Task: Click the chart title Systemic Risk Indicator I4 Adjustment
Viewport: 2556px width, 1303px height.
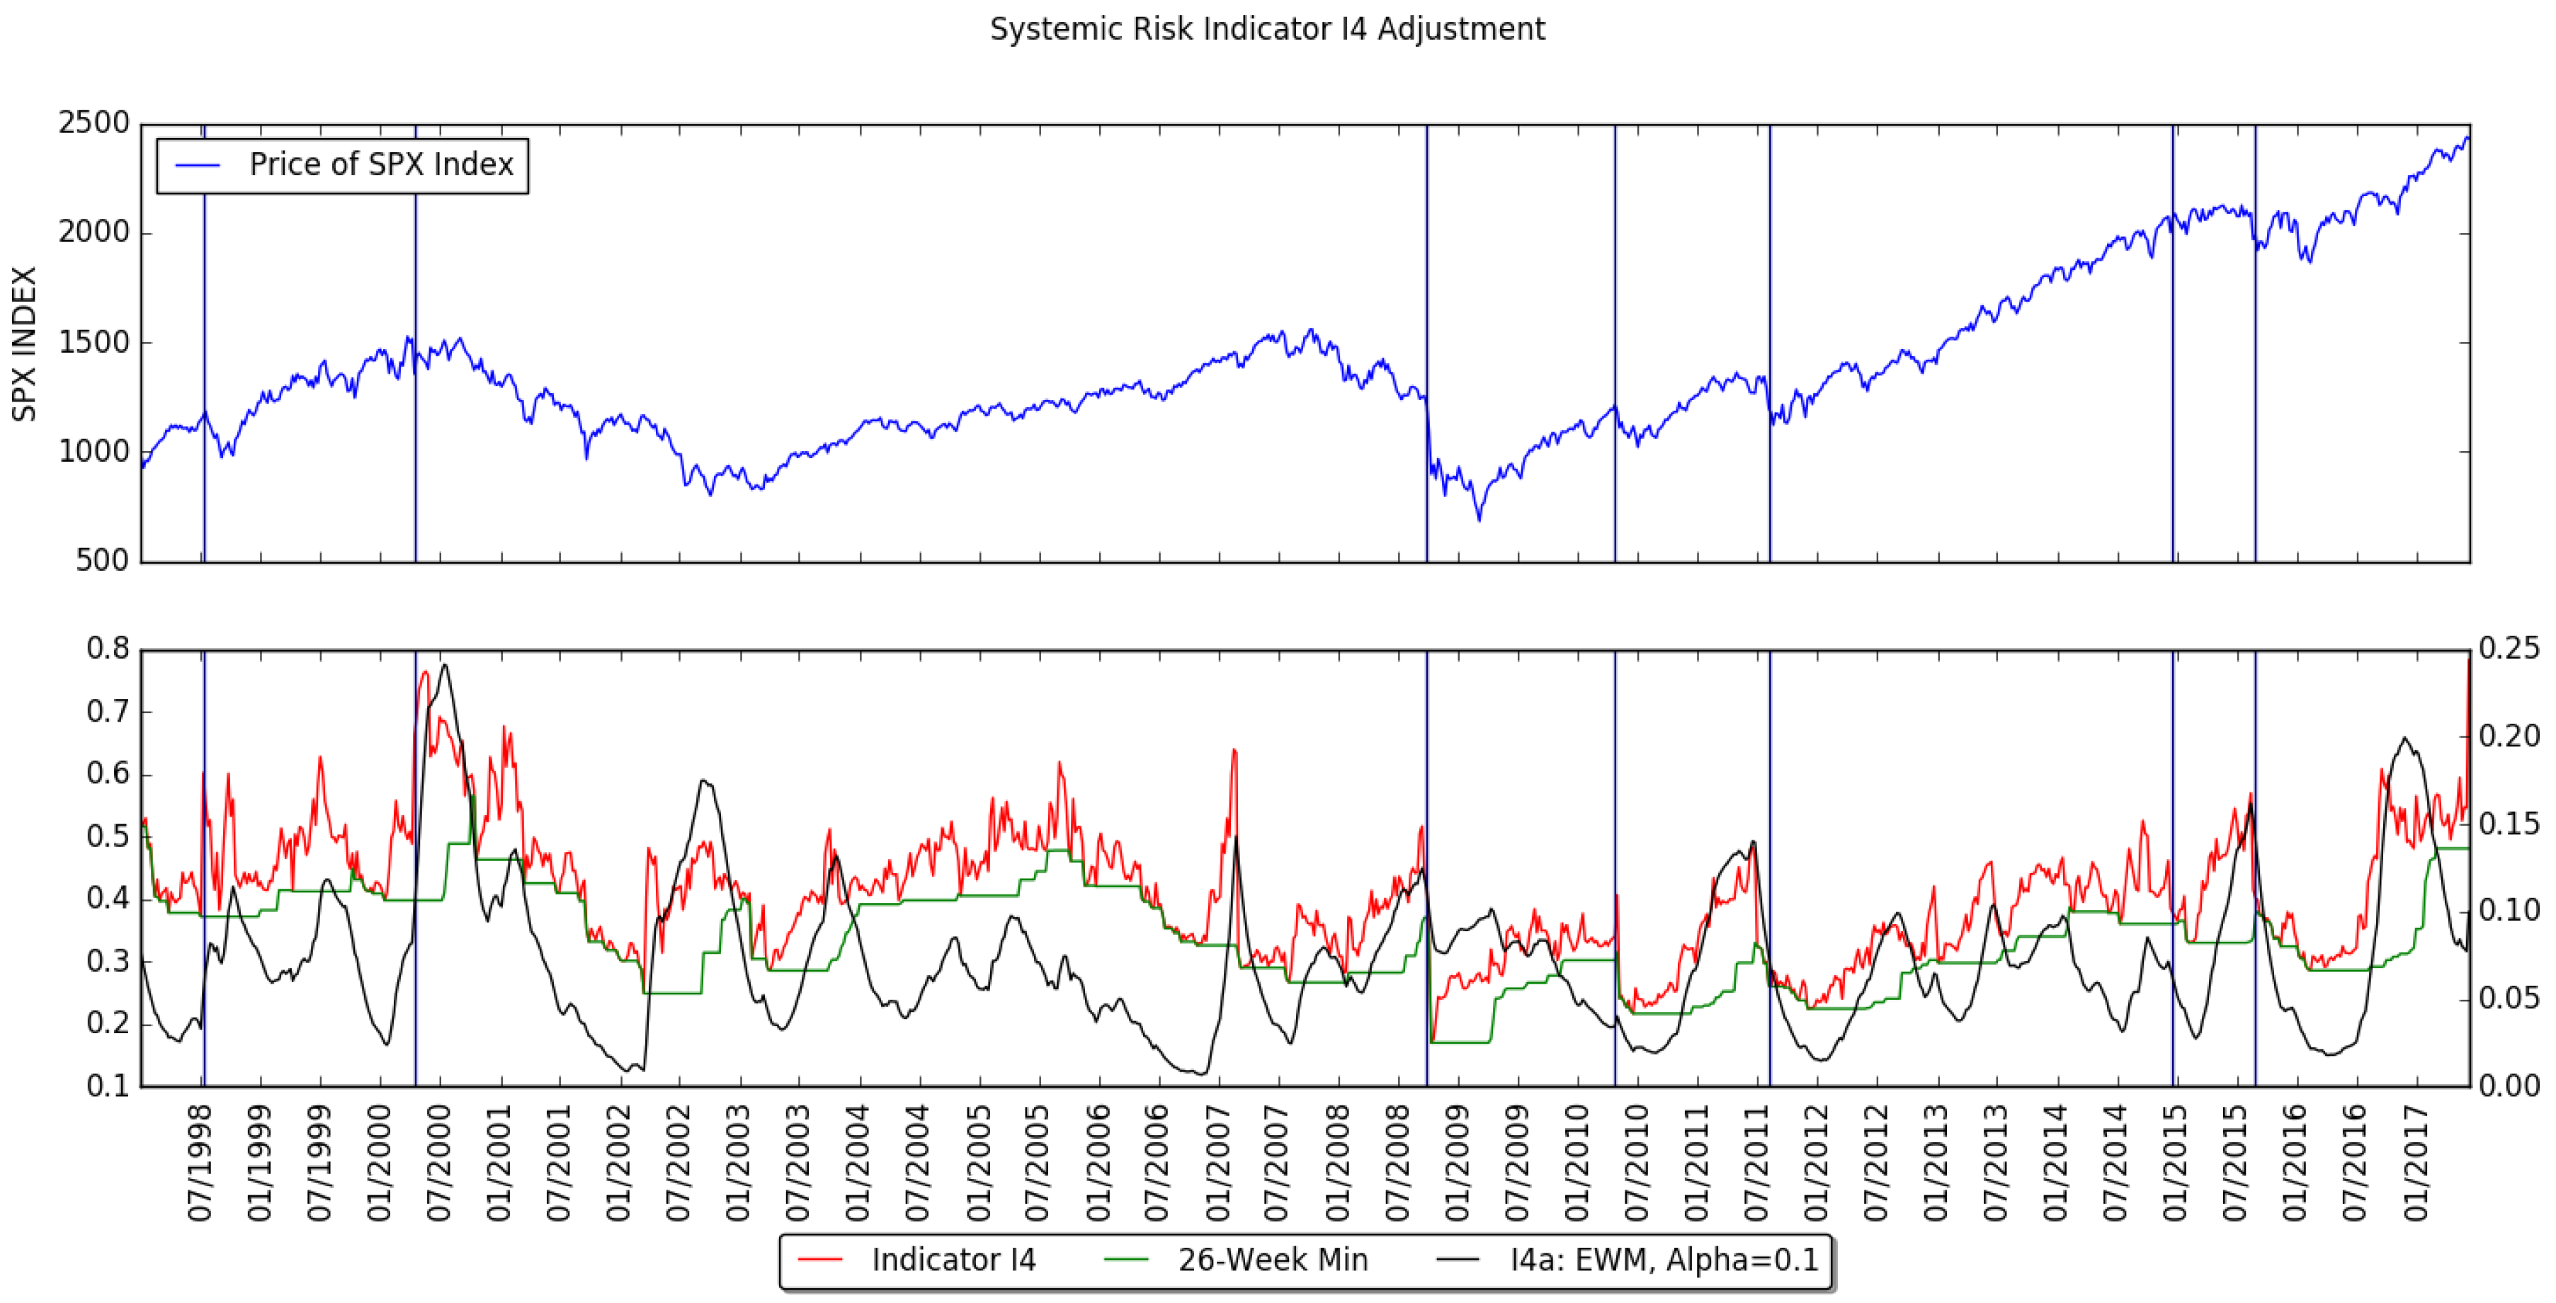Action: pos(1267,29)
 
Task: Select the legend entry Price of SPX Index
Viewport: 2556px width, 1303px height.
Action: pos(381,165)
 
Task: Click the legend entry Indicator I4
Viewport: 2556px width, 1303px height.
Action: pos(953,1261)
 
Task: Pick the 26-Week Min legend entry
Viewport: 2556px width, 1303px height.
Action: pos(1272,1261)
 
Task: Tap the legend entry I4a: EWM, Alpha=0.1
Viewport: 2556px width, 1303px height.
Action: pos(1664,1261)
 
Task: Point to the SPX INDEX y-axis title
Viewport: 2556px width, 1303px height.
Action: pos(24,343)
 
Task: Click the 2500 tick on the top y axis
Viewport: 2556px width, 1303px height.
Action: pos(94,124)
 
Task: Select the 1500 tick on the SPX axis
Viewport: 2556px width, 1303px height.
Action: pos(94,343)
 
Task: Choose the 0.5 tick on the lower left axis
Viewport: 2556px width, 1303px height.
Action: pos(108,836)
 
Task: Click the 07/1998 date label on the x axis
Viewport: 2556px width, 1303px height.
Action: pos(200,1163)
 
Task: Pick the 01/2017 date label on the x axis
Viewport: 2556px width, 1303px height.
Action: pos(2415,1163)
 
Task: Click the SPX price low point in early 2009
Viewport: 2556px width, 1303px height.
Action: pos(1479,519)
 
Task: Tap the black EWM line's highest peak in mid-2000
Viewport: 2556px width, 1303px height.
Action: pos(445,665)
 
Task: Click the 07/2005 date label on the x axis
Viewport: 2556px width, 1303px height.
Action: pos(1038,1163)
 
